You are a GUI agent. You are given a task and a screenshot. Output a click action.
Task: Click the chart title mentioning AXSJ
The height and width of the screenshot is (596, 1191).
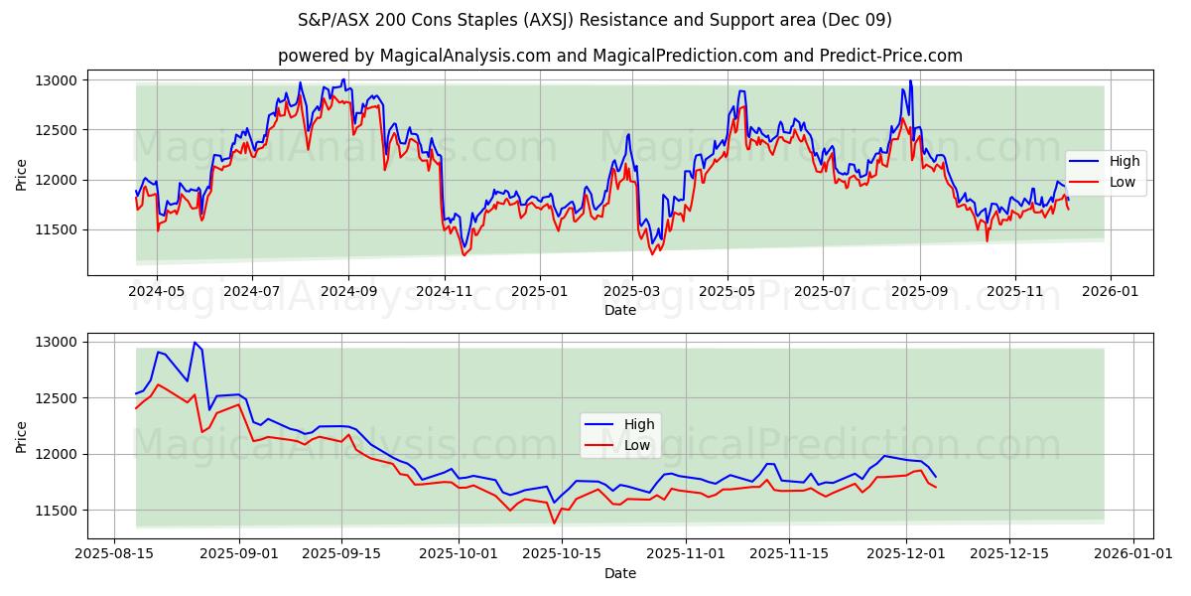(x=595, y=20)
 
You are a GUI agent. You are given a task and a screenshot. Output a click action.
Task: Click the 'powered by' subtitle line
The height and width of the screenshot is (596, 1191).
(x=619, y=56)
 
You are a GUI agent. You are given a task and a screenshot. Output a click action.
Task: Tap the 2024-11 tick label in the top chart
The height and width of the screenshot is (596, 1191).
(x=444, y=292)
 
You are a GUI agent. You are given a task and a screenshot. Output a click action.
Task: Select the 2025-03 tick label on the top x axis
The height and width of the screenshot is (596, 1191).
(x=633, y=292)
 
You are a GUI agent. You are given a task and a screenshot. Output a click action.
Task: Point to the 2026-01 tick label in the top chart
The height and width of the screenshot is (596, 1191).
(x=1109, y=292)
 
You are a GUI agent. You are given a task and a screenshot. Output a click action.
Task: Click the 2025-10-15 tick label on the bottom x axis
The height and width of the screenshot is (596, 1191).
(x=562, y=554)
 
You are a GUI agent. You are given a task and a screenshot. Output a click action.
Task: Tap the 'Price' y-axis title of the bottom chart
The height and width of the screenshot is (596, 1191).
(x=21, y=436)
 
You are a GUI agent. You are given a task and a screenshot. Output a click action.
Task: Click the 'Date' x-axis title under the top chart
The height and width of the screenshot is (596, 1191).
(x=619, y=310)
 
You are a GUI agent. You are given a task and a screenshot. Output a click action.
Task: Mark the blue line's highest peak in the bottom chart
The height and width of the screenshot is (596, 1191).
(x=195, y=343)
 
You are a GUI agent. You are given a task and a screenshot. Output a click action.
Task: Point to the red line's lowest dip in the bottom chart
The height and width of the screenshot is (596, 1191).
(x=554, y=523)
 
